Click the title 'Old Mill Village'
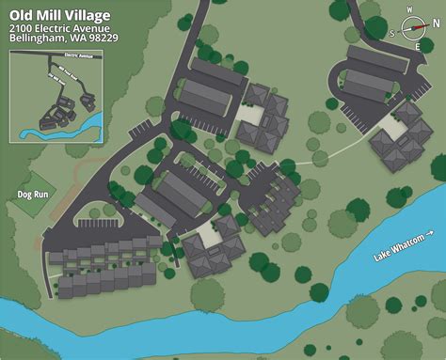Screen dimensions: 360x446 [59, 16]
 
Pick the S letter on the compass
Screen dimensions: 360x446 [393, 32]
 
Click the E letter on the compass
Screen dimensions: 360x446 [418, 47]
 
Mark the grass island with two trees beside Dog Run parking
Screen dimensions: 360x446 [99, 212]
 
